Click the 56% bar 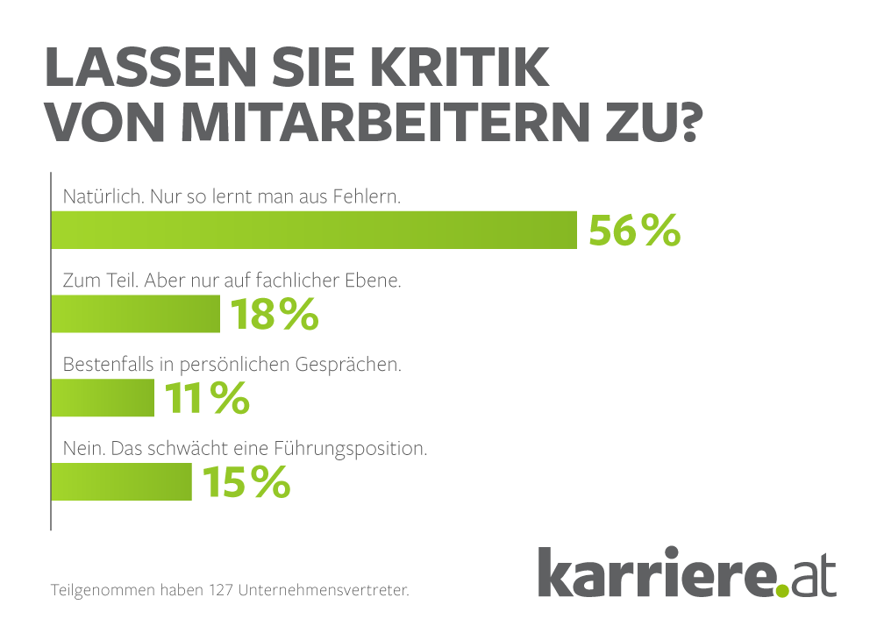click(313, 231)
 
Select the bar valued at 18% click(135, 314)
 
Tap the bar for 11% click(103, 398)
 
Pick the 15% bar click(121, 482)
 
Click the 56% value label click(634, 231)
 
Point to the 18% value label click(274, 315)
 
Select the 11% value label click(206, 399)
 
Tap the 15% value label click(246, 482)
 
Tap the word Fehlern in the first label click(369, 197)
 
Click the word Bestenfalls click(108, 366)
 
